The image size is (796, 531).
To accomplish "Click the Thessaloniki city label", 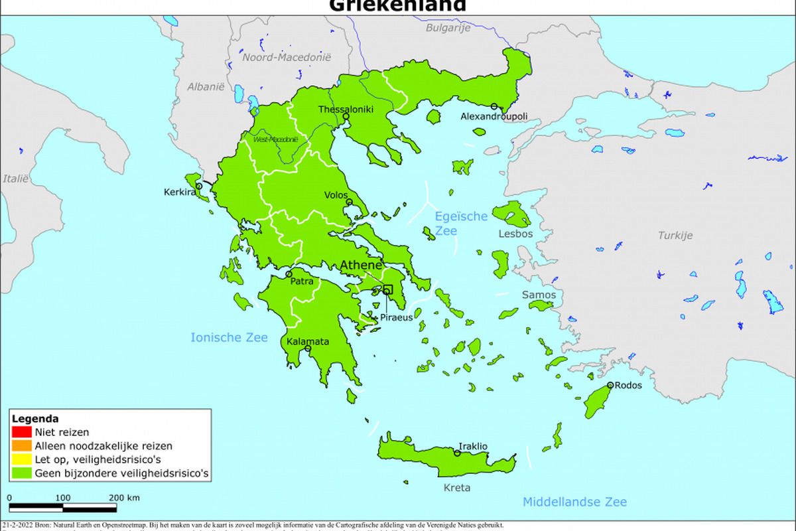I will coord(346,110).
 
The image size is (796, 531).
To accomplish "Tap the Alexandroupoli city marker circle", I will coord(494,106).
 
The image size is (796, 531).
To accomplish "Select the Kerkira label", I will coord(180,192).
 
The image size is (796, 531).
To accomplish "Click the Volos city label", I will coord(336,195).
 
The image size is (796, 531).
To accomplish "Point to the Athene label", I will coord(362,265).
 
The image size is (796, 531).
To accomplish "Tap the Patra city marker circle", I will coord(289,273).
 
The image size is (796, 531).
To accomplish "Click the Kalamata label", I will coord(308,341).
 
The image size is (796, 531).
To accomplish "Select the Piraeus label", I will coord(396,317).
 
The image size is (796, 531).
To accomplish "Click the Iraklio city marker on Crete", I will coord(457,453).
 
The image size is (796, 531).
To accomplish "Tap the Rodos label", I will coord(628,385).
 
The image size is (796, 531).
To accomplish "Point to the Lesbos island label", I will coord(515,234).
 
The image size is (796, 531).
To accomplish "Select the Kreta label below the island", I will coord(457,488).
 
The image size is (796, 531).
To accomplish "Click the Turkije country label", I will coord(675,235).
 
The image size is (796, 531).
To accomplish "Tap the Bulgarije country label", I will coord(448,28).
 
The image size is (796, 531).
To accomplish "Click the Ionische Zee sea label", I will coord(230,337).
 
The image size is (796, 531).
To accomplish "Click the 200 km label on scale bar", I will coord(124,498).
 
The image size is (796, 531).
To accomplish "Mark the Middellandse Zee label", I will coord(574,502).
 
